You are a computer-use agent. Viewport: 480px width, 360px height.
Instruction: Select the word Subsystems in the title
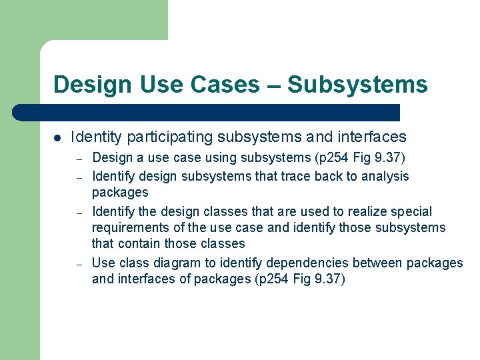pos(358,85)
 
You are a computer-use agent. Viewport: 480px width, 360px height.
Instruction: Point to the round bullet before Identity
pos(57,138)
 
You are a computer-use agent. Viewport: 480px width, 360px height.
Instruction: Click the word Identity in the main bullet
pos(96,137)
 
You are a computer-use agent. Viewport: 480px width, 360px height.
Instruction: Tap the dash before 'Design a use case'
pos(79,159)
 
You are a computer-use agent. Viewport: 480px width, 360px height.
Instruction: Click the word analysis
pos(385,176)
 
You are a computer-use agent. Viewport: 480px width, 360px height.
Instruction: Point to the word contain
pos(141,244)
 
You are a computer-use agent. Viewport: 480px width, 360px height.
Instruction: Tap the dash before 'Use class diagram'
pos(79,264)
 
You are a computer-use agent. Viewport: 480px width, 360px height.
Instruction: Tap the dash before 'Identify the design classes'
pos(79,213)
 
